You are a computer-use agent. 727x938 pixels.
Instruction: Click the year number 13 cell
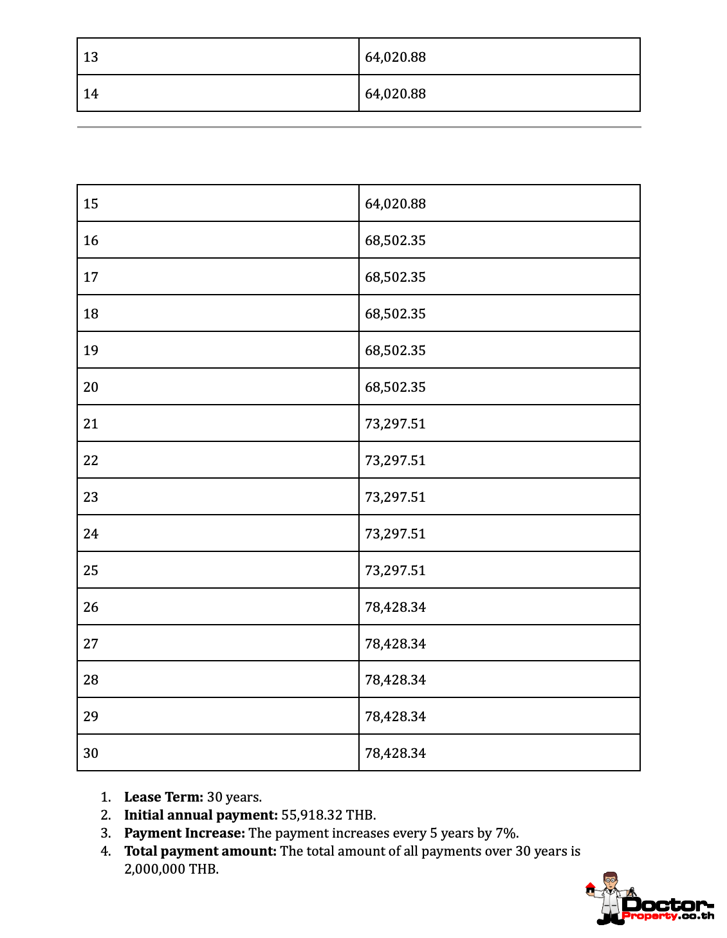coord(91,57)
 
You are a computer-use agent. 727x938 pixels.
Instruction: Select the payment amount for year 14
coord(395,94)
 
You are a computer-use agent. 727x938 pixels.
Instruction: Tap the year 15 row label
coord(91,204)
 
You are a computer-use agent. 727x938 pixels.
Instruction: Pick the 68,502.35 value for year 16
coord(395,241)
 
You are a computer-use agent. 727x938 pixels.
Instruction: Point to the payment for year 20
coord(395,387)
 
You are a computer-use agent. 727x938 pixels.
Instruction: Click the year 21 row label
coord(91,424)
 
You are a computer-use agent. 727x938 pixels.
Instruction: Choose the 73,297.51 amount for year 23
coord(395,497)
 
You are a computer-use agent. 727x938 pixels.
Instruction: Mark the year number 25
coord(91,571)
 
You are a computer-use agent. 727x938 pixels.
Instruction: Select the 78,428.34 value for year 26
coord(395,607)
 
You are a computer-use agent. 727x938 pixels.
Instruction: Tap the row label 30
coord(91,753)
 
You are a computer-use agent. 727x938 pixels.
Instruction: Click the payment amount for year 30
coord(395,753)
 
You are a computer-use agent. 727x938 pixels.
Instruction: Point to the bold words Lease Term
coord(163,797)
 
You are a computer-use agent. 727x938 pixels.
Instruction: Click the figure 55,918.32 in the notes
coord(311,815)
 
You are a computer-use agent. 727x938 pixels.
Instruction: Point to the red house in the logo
coord(591,888)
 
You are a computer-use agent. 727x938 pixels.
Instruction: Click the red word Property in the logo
coord(649,916)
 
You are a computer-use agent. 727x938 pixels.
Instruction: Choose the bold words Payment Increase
coord(184,833)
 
